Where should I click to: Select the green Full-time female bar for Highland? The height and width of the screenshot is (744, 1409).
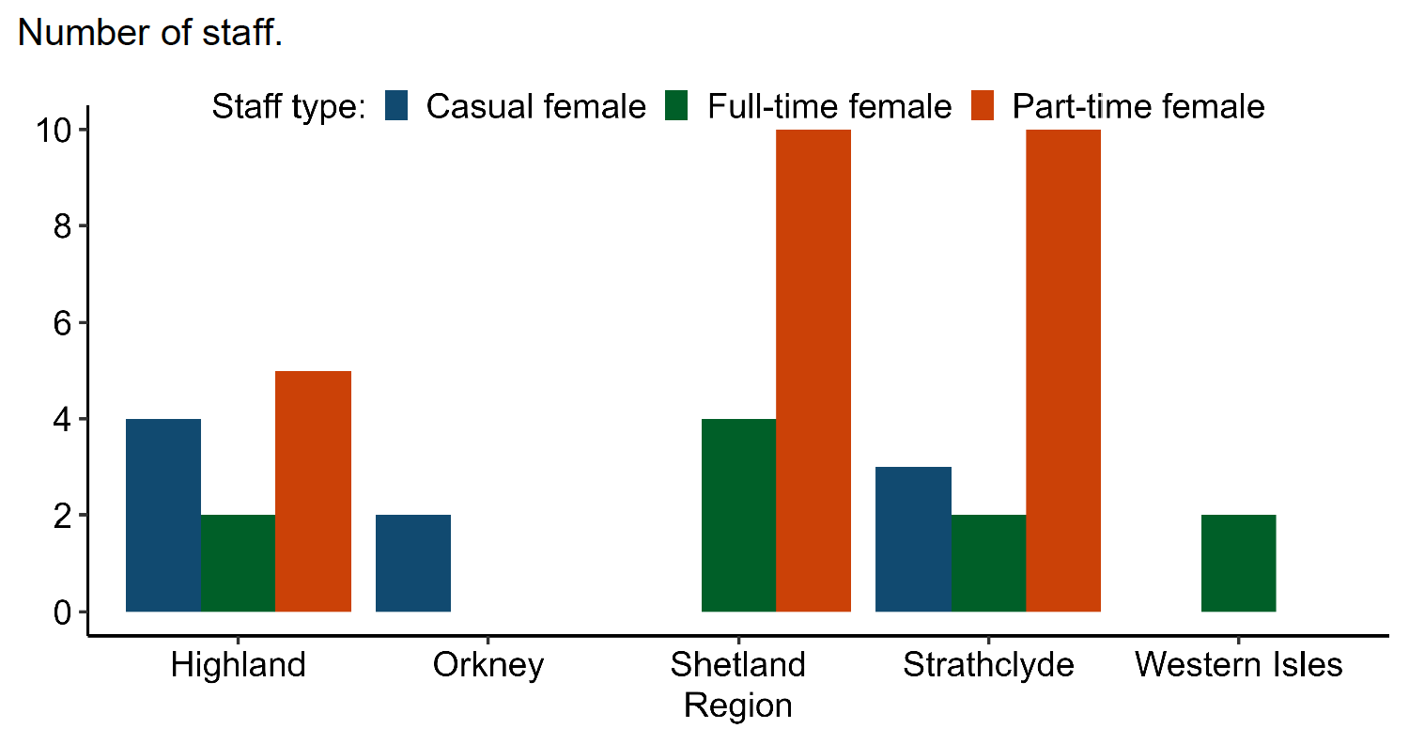pos(238,563)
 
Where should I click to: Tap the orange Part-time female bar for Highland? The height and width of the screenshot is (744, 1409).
pos(313,491)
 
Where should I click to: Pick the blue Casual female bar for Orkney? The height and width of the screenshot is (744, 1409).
pos(413,563)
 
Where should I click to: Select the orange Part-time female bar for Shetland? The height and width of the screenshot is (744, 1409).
pos(813,370)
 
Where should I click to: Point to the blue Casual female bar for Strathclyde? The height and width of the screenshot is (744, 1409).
pos(913,539)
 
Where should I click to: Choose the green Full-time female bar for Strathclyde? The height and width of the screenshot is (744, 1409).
pos(988,563)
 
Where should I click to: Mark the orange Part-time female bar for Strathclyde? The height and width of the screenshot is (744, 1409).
pos(1063,370)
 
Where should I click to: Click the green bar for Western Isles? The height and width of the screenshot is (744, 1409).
pos(1239,563)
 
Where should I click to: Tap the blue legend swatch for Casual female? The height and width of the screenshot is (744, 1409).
pos(397,106)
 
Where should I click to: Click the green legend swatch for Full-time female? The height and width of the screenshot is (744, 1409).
pos(678,106)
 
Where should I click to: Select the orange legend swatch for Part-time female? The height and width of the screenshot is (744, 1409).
pos(983,106)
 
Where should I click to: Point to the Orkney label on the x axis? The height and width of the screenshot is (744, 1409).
pos(488,665)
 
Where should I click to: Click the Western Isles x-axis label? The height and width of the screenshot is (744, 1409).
pos(1239,665)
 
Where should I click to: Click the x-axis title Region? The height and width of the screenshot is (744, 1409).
pos(738,705)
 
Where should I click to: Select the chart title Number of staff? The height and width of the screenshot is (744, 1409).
pos(150,34)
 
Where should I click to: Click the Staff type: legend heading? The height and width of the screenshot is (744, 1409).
pos(288,106)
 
